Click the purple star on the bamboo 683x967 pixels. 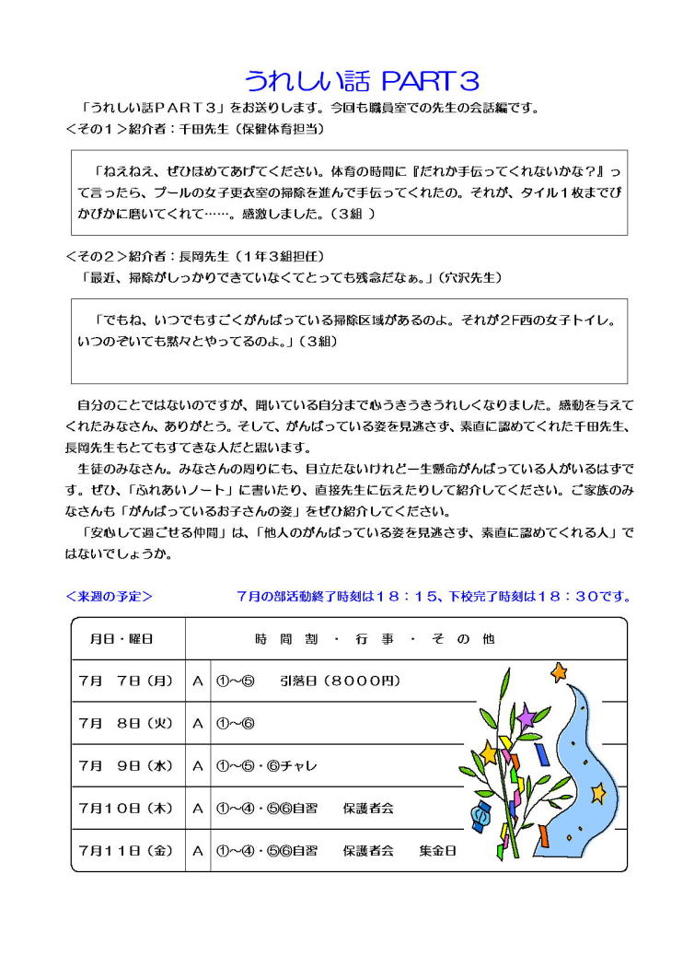click(526, 715)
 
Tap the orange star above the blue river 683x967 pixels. click(559, 673)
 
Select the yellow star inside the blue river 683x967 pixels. click(598, 791)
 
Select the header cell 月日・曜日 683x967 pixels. click(122, 638)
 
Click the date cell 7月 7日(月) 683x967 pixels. click(126, 682)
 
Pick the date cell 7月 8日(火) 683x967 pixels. click(126, 724)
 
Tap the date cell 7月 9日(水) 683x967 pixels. click(126, 765)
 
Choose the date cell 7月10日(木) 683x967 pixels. click(126, 809)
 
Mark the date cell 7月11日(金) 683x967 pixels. click(126, 851)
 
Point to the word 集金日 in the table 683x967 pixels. click(437, 851)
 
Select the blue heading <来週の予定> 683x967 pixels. click(110, 596)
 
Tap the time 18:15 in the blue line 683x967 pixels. click(398, 596)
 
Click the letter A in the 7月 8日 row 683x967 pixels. click(197, 724)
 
